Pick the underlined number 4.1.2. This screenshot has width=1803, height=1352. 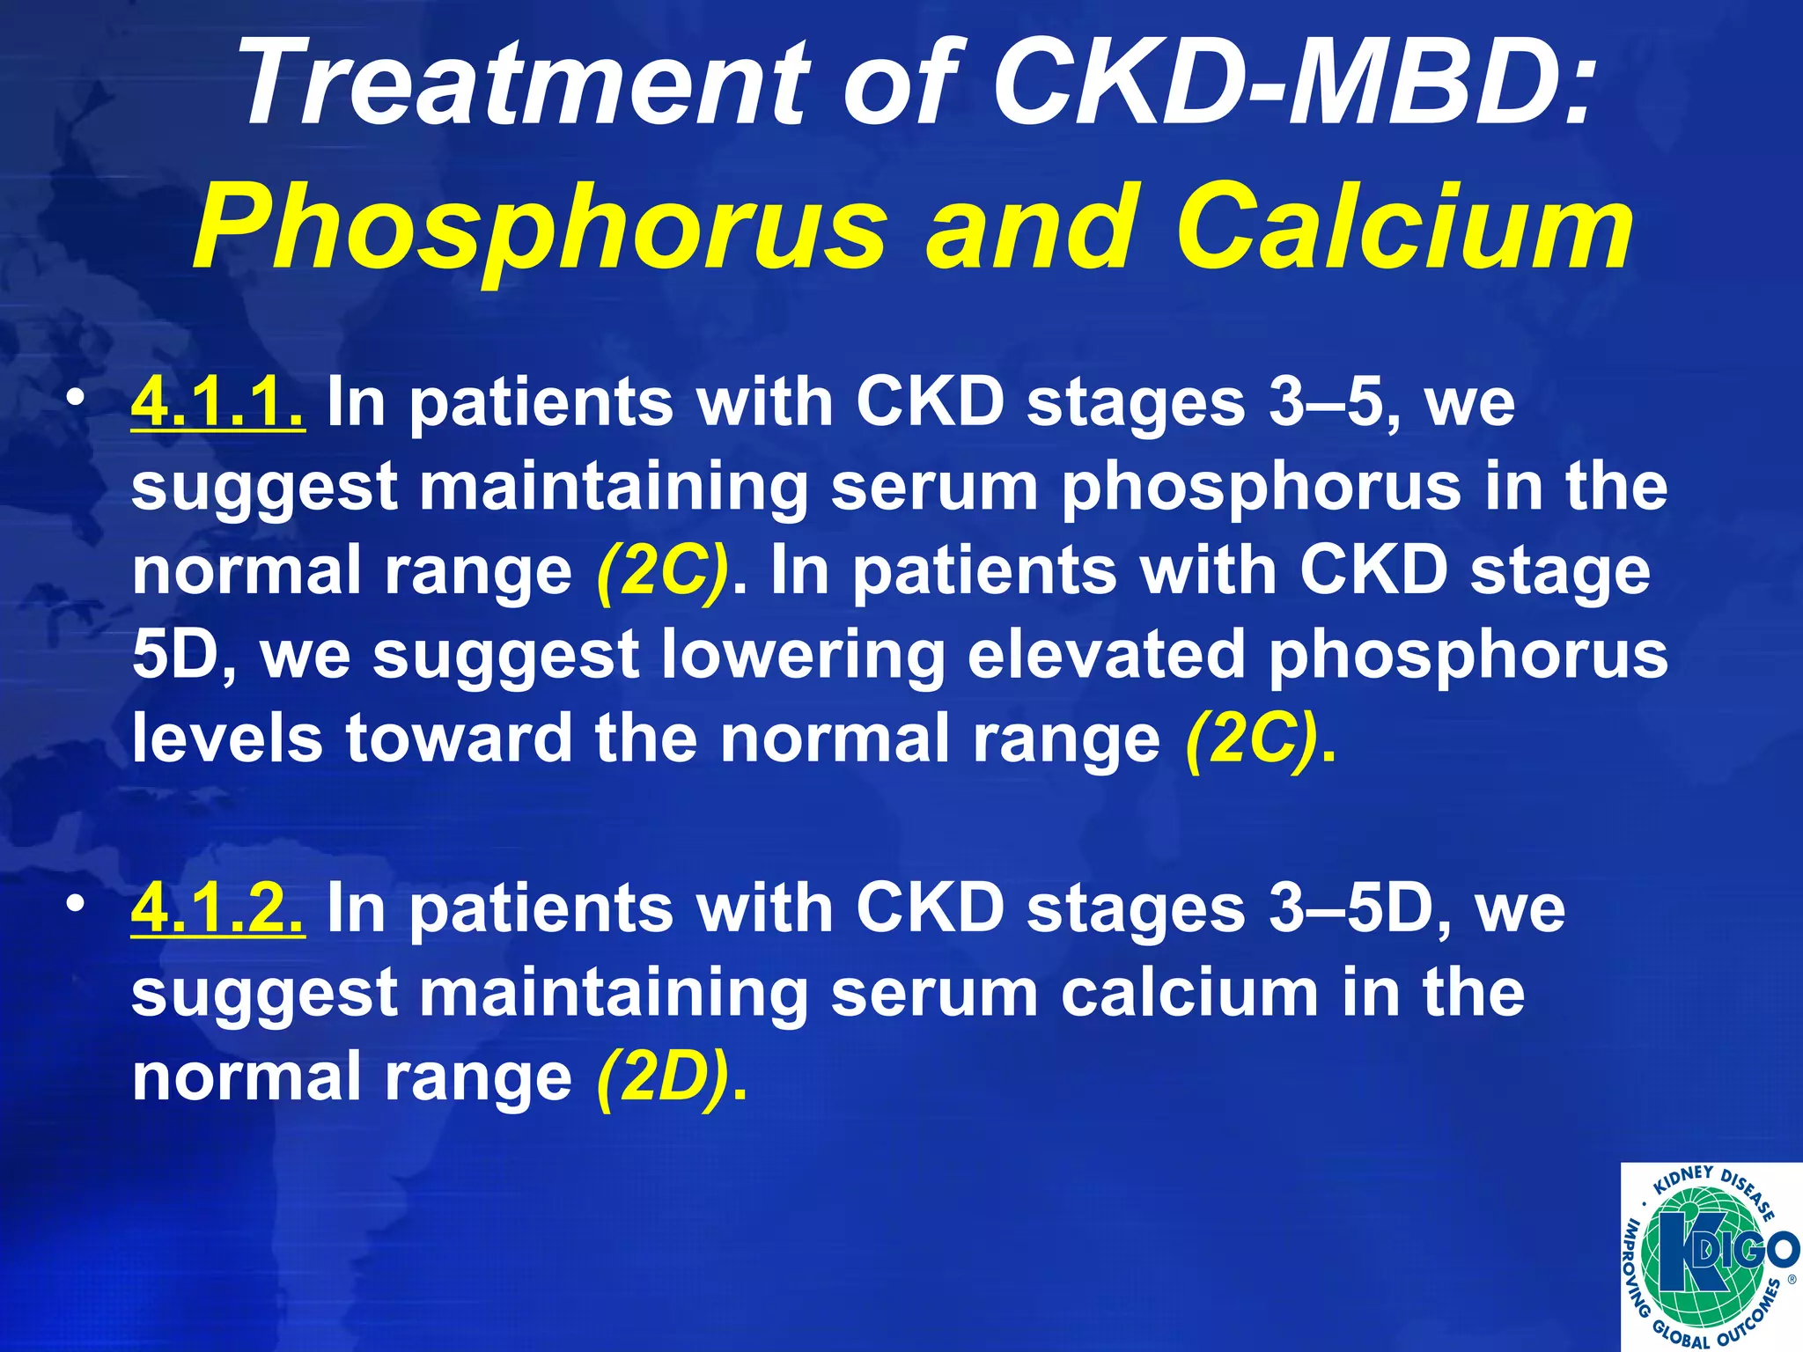click(218, 908)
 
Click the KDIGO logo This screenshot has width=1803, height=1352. click(1711, 1256)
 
